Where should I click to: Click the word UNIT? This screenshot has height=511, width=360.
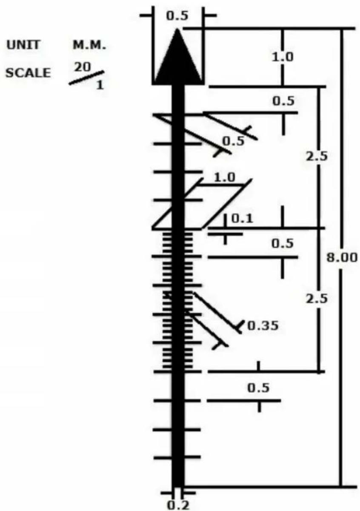coord(23,45)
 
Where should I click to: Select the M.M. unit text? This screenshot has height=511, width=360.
coord(89,46)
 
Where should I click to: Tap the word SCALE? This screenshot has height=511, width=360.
coord(28,73)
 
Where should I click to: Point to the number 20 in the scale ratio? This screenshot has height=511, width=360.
coord(83,67)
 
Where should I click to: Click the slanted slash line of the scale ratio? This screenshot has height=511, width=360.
coord(87,78)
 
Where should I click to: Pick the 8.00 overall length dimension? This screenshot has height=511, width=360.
coord(342,258)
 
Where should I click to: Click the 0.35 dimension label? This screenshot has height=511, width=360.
coord(263,325)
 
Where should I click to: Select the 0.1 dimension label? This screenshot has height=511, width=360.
coord(242,219)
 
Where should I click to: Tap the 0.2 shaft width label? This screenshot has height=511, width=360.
coord(178,505)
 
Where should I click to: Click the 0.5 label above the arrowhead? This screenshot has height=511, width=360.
coord(177,16)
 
